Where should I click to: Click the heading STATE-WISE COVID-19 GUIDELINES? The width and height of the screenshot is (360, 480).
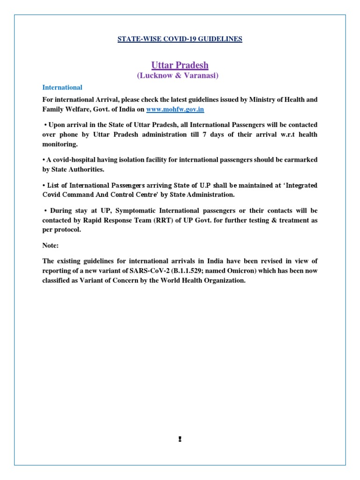tap(180, 39)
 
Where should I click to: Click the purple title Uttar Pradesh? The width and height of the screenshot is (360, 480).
tap(180, 65)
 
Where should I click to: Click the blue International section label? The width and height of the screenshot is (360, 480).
tap(62, 87)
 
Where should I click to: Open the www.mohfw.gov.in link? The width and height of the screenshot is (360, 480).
tap(175, 109)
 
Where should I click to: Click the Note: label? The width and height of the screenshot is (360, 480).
tap(51, 245)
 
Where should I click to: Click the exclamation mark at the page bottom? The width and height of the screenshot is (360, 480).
tap(180, 439)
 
